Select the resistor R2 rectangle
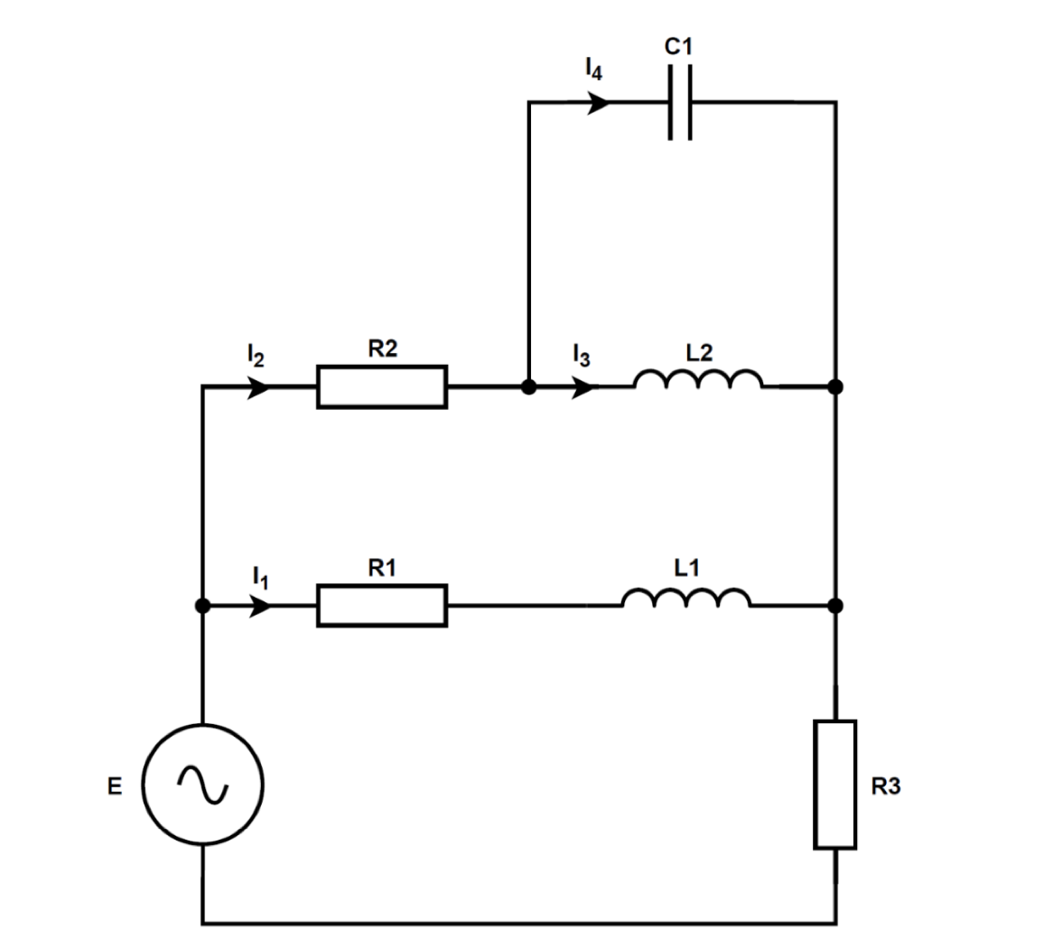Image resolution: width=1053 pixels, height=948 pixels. click(x=381, y=387)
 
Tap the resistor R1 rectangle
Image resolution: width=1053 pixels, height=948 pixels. click(x=381, y=605)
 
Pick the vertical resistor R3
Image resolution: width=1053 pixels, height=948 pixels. click(x=834, y=785)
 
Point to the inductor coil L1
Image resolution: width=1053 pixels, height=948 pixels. click(x=685, y=599)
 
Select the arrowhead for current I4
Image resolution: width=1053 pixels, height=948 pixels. click(x=598, y=104)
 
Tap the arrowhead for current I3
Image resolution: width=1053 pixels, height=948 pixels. click(x=585, y=387)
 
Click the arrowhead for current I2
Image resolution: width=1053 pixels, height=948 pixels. click(x=258, y=387)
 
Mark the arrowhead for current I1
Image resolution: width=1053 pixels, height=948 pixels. click(x=259, y=605)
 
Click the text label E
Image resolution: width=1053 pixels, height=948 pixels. click(x=114, y=786)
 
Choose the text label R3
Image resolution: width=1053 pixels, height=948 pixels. click(x=885, y=786)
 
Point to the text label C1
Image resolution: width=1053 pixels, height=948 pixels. click(x=679, y=48)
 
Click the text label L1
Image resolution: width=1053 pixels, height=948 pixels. click(x=686, y=567)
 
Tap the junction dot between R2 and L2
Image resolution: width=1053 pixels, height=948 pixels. click(x=529, y=387)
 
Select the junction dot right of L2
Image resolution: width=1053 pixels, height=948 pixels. click(x=835, y=387)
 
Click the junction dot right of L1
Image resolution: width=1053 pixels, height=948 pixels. click(x=835, y=605)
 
